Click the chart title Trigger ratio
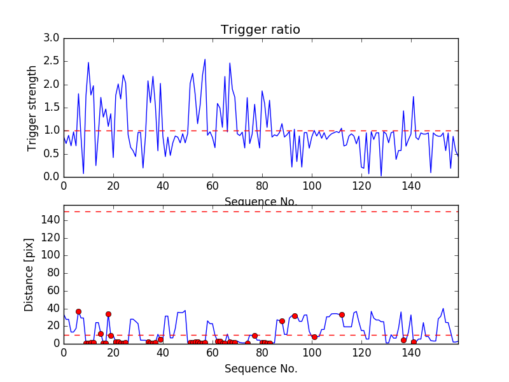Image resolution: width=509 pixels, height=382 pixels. (x=260, y=30)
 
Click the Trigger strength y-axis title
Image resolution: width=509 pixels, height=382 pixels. (x=33, y=108)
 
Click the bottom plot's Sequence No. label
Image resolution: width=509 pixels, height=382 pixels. (x=260, y=369)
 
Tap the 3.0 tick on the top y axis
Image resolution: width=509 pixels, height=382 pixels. (x=51, y=38)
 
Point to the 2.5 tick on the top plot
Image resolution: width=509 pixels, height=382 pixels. (x=51, y=61)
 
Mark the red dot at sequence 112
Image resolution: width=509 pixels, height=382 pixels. (x=342, y=315)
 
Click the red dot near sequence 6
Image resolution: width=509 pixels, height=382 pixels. (x=78, y=311)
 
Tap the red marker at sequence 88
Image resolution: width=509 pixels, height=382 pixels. (x=282, y=321)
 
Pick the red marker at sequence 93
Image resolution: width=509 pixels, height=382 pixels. (x=295, y=316)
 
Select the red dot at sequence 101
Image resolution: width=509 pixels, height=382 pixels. (x=314, y=337)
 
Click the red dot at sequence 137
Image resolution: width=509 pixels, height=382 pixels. (x=403, y=340)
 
